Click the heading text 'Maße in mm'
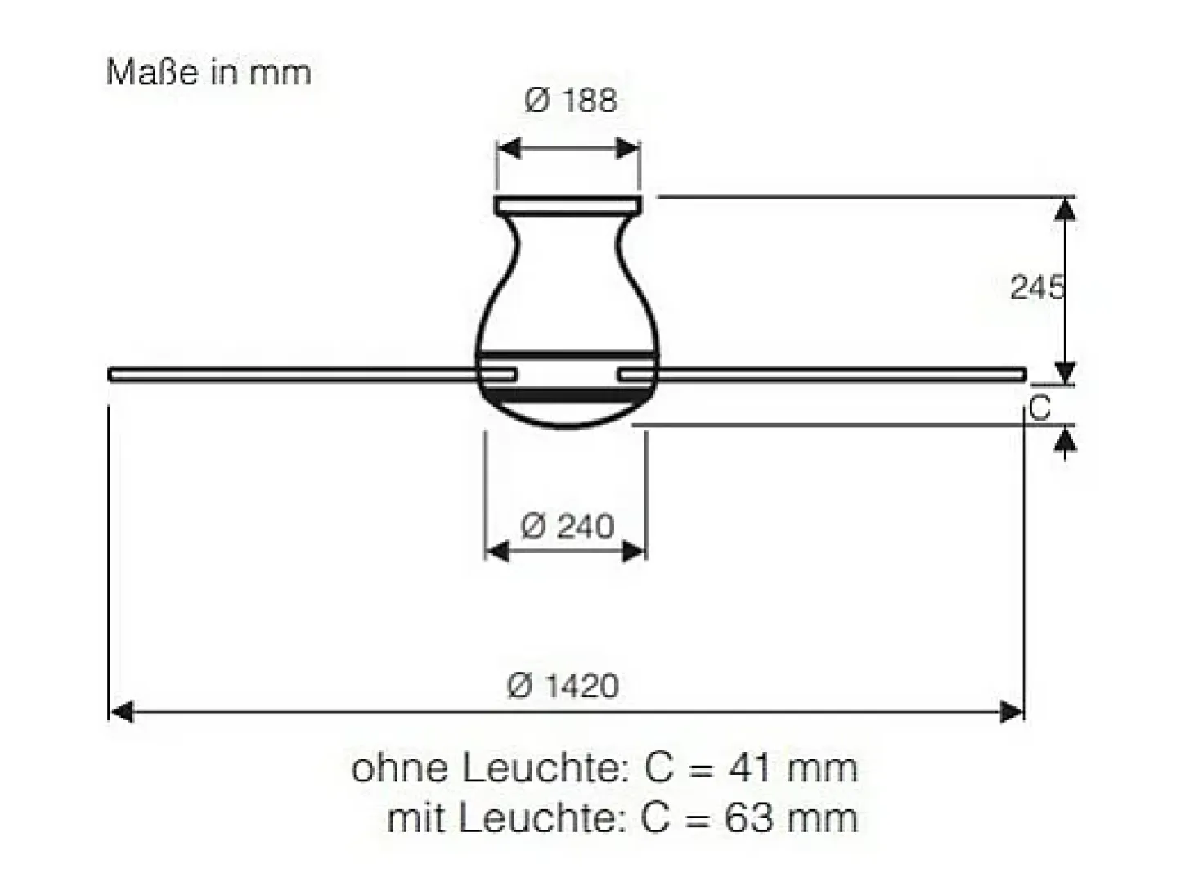209,72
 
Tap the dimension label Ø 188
571,101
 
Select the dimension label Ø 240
568,527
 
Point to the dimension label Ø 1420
563,686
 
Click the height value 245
1036,287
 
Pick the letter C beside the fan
1039,407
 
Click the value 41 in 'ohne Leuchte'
750,768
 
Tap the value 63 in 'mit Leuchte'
748,817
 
